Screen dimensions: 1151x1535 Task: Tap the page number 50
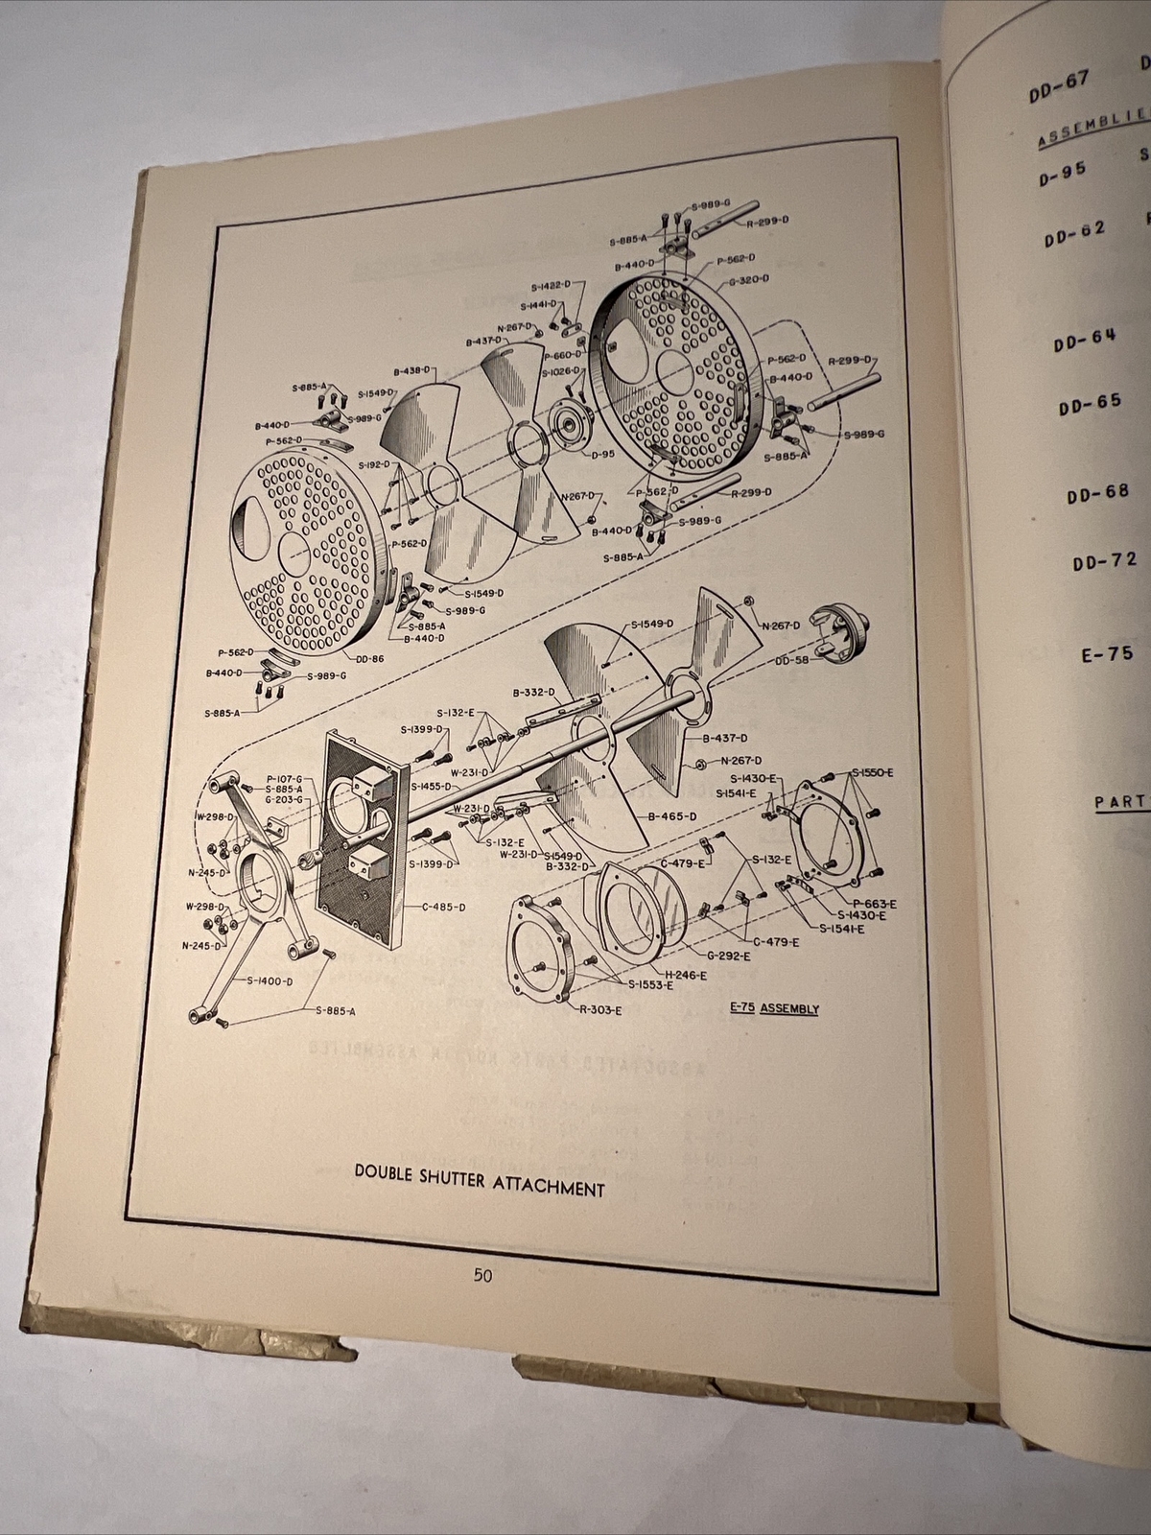pos(482,1275)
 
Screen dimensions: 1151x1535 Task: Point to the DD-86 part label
pos(369,659)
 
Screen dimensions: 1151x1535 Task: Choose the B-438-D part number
pos(413,369)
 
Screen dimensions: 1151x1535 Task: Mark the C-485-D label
pos(442,907)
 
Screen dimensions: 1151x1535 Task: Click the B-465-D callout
pos(672,816)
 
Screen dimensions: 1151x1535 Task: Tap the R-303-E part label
pos(601,1009)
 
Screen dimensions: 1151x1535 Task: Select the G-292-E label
pos(729,956)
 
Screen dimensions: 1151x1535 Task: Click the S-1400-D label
pos(270,980)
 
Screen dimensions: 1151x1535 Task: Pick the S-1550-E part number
pos(873,771)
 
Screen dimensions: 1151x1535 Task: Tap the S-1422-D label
pos(551,286)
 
